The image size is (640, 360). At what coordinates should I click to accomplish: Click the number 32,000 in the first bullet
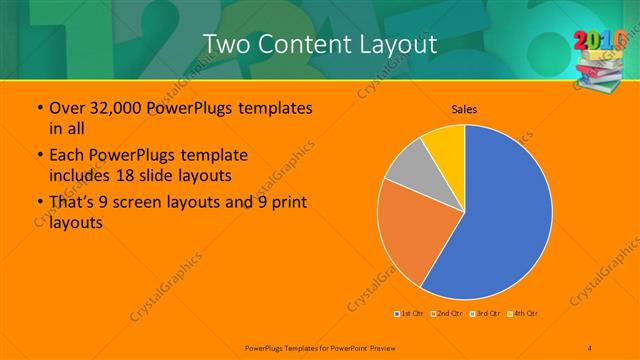[x=110, y=108]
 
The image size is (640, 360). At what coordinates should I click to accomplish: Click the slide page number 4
[x=590, y=347]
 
